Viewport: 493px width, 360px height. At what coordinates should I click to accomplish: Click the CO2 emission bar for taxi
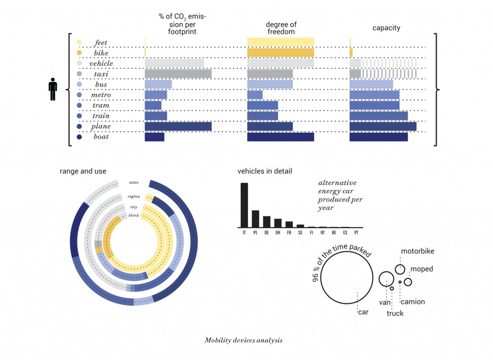178,74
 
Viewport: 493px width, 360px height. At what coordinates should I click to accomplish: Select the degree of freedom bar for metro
255,95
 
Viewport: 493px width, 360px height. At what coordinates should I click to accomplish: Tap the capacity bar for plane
383,126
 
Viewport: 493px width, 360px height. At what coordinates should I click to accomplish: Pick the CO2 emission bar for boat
155,137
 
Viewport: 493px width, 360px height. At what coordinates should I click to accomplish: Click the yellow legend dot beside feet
79,42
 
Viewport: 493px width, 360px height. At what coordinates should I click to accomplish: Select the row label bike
101,53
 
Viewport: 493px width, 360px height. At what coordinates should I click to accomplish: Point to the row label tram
101,106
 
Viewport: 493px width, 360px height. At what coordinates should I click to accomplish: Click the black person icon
53,90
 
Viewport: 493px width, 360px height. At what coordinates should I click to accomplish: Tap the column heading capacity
386,28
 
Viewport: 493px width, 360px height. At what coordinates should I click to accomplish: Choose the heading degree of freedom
281,28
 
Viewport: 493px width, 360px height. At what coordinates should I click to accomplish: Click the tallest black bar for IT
244,205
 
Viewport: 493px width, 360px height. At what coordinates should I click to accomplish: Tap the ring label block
133,215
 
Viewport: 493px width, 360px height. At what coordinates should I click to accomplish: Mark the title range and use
83,171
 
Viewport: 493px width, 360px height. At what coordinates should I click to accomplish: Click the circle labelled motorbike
400,269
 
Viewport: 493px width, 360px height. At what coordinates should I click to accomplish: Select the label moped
422,269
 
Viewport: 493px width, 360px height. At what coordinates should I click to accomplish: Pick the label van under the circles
384,303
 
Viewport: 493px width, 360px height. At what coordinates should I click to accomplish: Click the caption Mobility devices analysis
243,340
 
